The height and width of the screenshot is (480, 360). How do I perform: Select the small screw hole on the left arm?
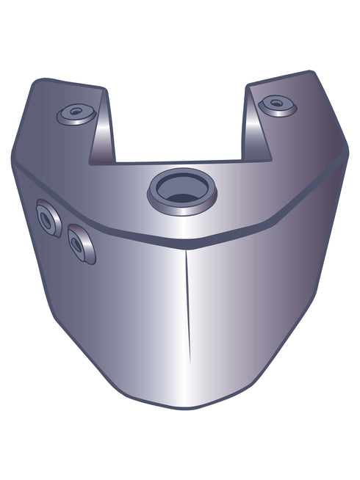[75, 113]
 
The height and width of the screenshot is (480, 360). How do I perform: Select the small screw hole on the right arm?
[277, 103]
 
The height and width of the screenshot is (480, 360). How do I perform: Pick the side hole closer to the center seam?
[79, 244]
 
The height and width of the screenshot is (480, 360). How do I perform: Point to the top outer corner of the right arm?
[312, 73]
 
